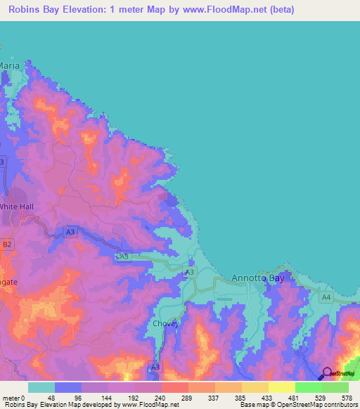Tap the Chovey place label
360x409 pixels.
click(166, 324)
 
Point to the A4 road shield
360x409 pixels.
click(325, 298)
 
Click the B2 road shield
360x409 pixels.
click(7, 245)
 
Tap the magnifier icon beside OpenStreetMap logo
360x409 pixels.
click(327, 372)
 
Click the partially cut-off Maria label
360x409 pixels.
click(9, 65)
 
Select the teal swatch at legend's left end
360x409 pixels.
click(41, 387)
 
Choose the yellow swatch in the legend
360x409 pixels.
click(281, 387)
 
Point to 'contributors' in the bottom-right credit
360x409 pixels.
click(341, 405)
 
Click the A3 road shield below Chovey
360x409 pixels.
click(155, 367)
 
